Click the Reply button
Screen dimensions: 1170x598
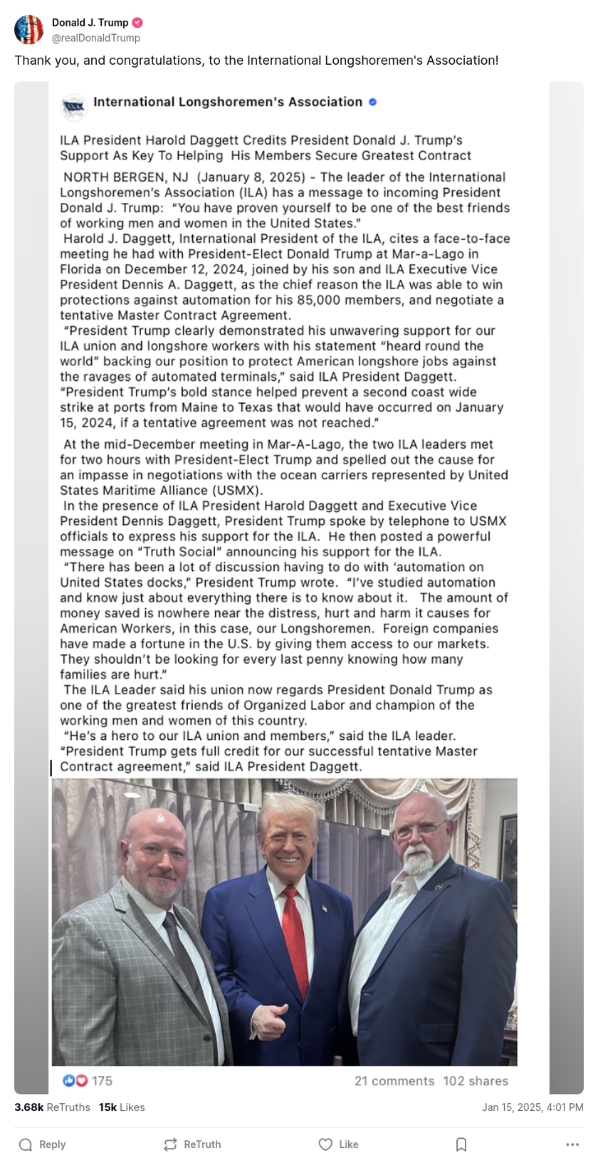[43, 1144]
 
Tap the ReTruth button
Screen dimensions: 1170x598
[192, 1144]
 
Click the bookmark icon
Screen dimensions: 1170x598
[461, 1144]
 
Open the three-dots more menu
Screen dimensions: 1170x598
[572, 1144]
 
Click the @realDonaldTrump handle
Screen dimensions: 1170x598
[96, 38]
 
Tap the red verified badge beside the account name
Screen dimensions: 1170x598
[138, 23]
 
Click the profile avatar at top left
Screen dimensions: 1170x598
[29, 30]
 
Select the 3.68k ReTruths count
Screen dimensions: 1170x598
[52, 1107]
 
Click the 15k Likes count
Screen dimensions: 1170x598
[122, 1107]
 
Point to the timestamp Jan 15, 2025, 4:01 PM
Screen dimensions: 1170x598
[533, 1107]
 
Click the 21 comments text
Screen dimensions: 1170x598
[394, 1081]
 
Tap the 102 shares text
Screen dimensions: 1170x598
[476, 1081]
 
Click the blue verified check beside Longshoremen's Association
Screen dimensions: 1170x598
[372, 103]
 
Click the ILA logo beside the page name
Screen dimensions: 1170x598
[73, 106]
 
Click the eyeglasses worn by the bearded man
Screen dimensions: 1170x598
[419, 830]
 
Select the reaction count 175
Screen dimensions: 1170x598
[102, 1081]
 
